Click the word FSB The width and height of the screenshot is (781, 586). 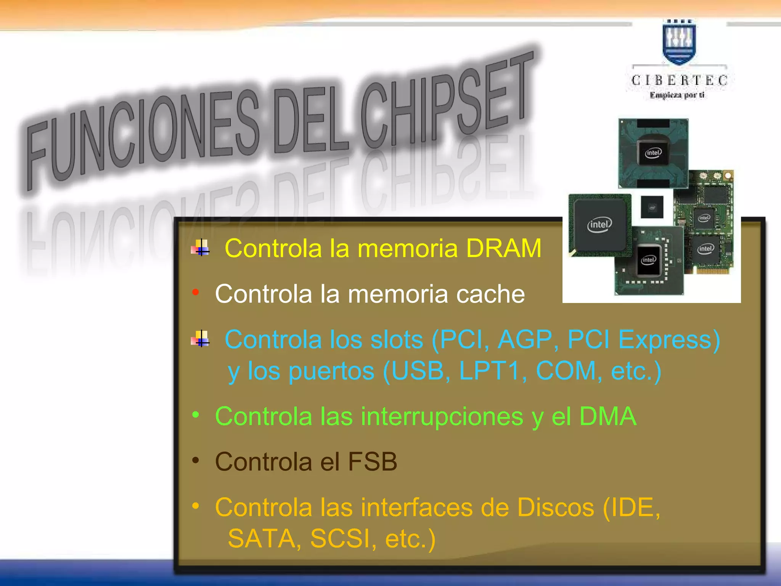(x=373, y=462)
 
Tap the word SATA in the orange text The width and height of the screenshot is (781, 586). (x=262, y=539)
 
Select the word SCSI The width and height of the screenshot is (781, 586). (x=342, y=539)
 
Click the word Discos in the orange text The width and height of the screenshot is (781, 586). (x=556, y=507)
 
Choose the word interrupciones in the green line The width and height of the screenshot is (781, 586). (x=442, y=416)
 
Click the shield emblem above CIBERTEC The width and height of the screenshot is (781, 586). (x=679, y=42)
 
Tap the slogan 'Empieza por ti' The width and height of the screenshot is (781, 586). (x=677, y=95)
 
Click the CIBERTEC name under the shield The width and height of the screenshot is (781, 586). (x=679, y=80)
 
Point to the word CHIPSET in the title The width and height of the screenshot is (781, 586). (x=446, y=103)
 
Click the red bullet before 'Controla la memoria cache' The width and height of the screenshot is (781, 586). (x=196, y=292)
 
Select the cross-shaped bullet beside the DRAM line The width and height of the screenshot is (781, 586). (x=201, y=248)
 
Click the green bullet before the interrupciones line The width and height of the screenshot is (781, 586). (x=196, y=414)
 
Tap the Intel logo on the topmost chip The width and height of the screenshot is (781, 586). (x=653, y=153)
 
